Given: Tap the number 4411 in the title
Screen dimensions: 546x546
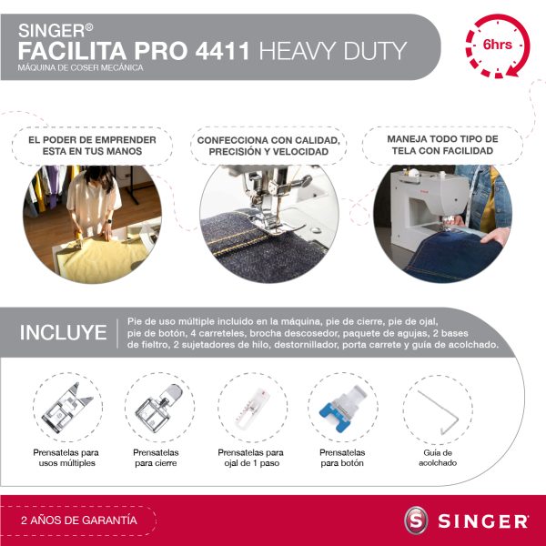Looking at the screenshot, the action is (222, 51).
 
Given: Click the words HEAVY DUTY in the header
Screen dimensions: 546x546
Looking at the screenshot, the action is (333, 51).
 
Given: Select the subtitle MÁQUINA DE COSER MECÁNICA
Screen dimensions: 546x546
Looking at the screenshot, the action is (80, 67).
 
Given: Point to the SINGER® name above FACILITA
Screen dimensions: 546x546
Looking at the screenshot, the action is (56, 31).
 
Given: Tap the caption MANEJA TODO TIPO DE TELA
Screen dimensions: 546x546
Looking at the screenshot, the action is (442, 145).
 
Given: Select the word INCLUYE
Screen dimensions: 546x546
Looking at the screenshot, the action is (63, 332).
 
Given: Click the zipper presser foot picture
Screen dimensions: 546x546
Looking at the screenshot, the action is (158, 408).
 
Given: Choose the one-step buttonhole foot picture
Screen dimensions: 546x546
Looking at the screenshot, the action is (252, 408).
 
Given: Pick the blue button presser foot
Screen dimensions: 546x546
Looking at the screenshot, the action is (344, 408).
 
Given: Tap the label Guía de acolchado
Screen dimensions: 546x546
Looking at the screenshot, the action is (438, 458).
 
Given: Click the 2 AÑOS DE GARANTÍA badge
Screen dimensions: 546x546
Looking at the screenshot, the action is (78, 521).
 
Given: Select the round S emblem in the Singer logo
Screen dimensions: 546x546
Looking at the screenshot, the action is (416, 521).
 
